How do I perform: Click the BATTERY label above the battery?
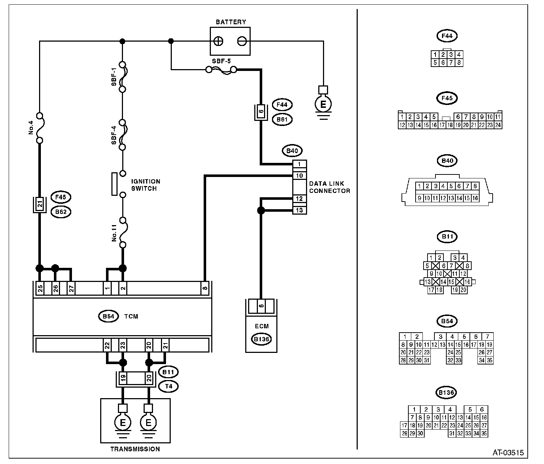[231, 22]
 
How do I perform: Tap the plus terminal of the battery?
[218, 41]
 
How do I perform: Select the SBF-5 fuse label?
[221, 62]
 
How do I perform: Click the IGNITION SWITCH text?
[145, 185]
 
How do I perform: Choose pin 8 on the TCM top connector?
[205, 288]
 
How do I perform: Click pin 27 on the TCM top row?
[71, 288]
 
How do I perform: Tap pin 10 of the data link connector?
[299, 176]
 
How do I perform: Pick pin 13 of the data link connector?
[299, 210]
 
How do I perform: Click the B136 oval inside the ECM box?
[261, 339]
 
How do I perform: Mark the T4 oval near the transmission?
[169, 387]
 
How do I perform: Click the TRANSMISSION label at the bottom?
[135, 449]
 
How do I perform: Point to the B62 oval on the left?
[61, 212]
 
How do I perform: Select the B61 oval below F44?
[282, 119]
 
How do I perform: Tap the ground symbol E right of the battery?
[323, 104]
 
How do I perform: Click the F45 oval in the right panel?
[447, 98]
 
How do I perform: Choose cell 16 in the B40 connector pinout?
[475, 198]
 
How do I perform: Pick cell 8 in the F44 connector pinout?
[459, 63]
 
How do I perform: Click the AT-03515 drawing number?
[508, 453]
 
